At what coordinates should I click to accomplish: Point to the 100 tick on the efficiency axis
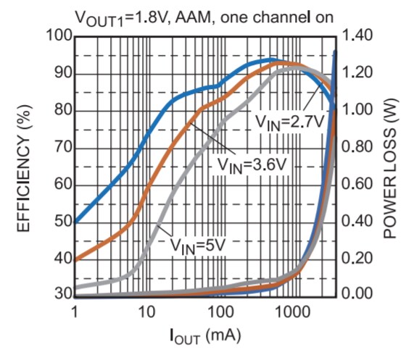point(57,36)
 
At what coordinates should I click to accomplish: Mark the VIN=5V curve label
point(198,245)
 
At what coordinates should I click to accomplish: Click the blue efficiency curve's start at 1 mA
point(75,222)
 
